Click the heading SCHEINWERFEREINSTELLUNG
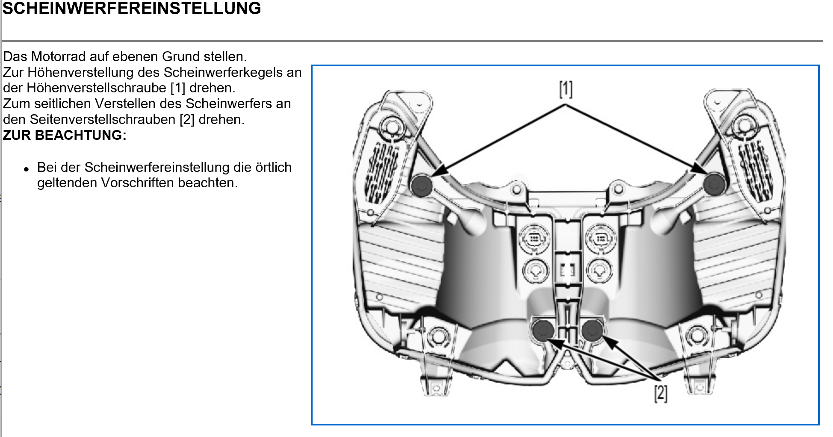(132, 9)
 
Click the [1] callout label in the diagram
(565, 89)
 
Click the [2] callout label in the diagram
(660, 393)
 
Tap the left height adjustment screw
(422, 185)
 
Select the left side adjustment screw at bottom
(543, 330)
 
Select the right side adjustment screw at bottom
(592, 330)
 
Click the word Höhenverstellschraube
(96, 88)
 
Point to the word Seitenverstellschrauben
(103, 119)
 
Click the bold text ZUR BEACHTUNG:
(65, 135)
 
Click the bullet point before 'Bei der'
(27, 169)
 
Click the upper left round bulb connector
(534, 238)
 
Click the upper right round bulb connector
(601, 238)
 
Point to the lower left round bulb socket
(535, 270)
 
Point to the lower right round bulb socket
(600, 270)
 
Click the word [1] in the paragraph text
(178, 88)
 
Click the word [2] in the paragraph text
(187, 119)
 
